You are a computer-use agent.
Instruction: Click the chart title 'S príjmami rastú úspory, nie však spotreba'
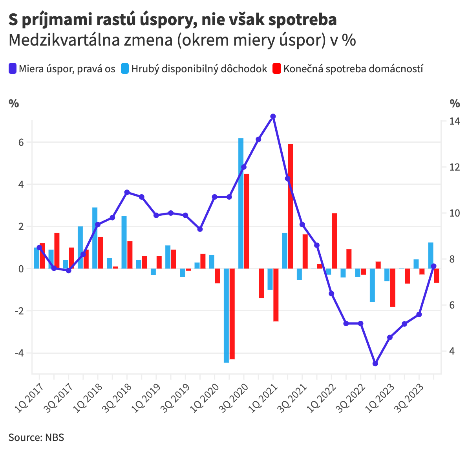pyautogui.click(x=173, y=20)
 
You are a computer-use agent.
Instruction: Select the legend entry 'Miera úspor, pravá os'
pyautogui.click(x=62, y=69)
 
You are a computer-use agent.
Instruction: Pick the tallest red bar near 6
pyautogui.click(x=291, y=206)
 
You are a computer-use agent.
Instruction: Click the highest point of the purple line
pyautogui.click(x=273, y=116)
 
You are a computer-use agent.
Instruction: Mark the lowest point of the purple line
pyautogui.click(x=375, y=364)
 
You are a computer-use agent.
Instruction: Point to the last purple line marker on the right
pyautogui.click(x=433, y=266)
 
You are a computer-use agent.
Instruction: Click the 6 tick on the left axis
pyautogui.click(x=21, y=142)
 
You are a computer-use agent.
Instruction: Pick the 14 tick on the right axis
pyautogui.click(x=455, y=121)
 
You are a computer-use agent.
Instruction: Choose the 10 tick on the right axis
pyautogui.click(x=455, y=213)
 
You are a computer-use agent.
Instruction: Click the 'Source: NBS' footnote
pyautogui.click(x=36, y=437)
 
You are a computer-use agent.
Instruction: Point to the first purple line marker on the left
pyautogui.click(x=39, y=248)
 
